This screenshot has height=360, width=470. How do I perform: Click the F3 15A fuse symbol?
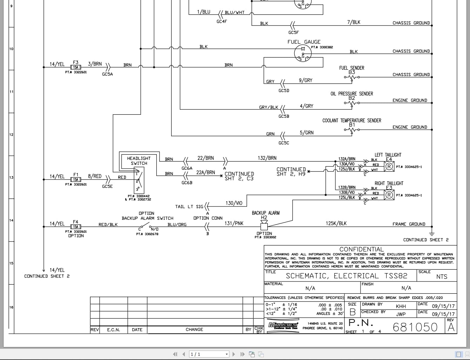pos(76,67)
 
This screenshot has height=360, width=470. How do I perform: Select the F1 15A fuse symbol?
pos(76,179)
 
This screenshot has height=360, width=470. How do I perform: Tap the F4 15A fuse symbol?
pos(76,227)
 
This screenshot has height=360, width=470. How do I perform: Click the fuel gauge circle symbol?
pos(303,53)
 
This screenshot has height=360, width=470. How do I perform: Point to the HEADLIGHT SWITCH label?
pos(139,161)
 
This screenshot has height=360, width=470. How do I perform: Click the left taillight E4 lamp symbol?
pos(389,166)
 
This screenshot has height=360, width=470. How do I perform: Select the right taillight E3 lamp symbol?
pos(389,195)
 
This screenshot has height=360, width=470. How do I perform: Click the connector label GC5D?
pos(284,90)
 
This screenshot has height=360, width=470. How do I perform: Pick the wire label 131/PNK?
pos(234,223)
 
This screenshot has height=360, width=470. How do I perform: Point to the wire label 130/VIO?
pos(234,203)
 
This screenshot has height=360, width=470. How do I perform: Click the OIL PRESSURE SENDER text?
pos(351,94)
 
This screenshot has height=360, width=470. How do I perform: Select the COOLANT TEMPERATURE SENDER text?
pos(351,121)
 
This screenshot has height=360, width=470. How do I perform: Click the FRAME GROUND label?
pos(409,224)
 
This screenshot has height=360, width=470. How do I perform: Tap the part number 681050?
pos(415,327)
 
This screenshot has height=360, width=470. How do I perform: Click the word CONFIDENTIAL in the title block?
pos(361,249)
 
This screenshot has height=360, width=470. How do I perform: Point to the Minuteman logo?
pos(283,325)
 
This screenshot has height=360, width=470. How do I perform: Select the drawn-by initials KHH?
pos(401,306)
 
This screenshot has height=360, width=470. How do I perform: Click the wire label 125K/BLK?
pos(336,223)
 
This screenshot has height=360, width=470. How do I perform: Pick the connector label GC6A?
pos(187,168)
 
